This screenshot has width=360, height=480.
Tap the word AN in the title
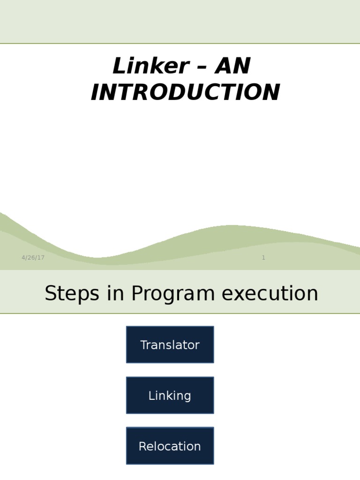233,66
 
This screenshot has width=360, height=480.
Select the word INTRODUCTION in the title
185,92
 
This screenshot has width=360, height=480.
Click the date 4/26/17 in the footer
33,258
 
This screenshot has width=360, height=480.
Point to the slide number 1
263,258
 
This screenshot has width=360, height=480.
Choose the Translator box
170,345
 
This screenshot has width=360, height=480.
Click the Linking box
170,396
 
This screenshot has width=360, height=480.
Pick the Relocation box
170,446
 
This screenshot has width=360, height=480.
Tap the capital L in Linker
118,66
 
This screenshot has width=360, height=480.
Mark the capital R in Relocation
142,446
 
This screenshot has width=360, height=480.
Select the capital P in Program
136,294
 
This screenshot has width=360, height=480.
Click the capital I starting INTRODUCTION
95,92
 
